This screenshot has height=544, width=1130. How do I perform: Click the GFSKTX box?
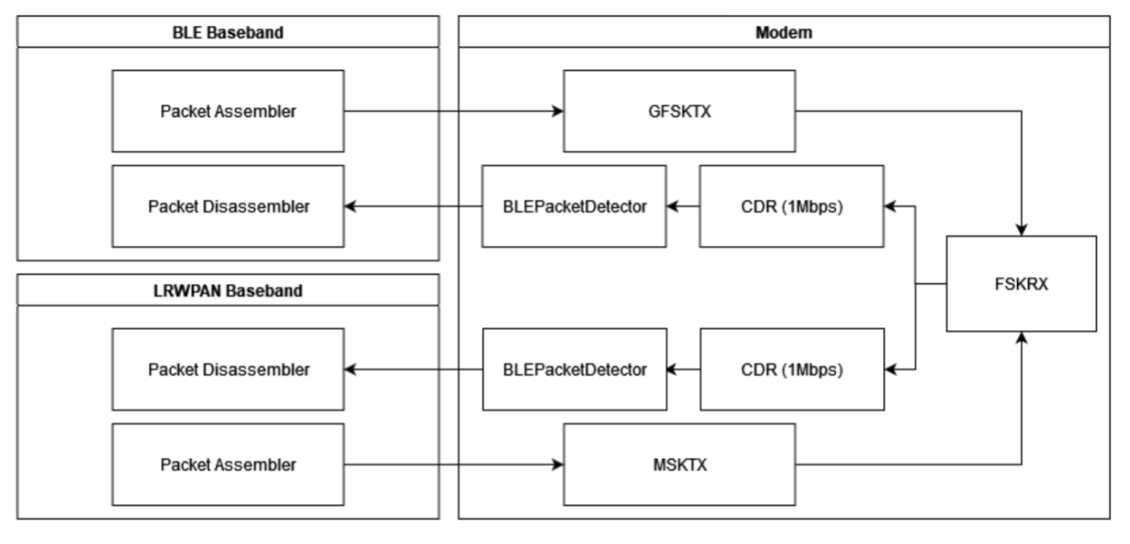tap(679, 111)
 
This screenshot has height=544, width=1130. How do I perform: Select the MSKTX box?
tap(679, 465)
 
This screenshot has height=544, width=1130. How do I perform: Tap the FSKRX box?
tap(1021, 284)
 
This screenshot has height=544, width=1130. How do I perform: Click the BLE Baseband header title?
tap(228, 32)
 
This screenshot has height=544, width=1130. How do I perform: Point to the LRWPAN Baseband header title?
tap(228, 291)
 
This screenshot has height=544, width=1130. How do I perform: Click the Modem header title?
tap(784, 32)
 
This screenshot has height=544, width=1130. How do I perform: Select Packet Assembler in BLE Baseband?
tap(228, 111)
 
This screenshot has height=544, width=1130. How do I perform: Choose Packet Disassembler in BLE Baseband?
tap(228, 207)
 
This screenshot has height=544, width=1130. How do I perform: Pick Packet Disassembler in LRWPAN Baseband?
tap(228, 369)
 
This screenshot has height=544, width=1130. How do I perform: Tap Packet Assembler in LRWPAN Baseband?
tap(228, 465)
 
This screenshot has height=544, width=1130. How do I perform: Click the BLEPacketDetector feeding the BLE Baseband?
tap(574, 207)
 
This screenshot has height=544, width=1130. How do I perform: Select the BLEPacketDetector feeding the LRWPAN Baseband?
tap(574, 369)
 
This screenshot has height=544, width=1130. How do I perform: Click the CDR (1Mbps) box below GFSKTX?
tap(792, 207)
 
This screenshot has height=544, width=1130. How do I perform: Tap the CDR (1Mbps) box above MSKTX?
tap(792, 369)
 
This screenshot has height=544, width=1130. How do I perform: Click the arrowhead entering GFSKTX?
tap(558, 112)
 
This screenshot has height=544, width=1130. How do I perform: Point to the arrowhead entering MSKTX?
tap(558, 465)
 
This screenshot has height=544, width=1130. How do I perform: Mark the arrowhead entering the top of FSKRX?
tap(1022, 230)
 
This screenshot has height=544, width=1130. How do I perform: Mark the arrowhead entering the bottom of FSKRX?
tap(1022, 337)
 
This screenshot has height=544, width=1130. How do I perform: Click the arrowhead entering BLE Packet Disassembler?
tap(351, 207)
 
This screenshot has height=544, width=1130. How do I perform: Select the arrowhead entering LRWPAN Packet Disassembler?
tap(351, 369)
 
